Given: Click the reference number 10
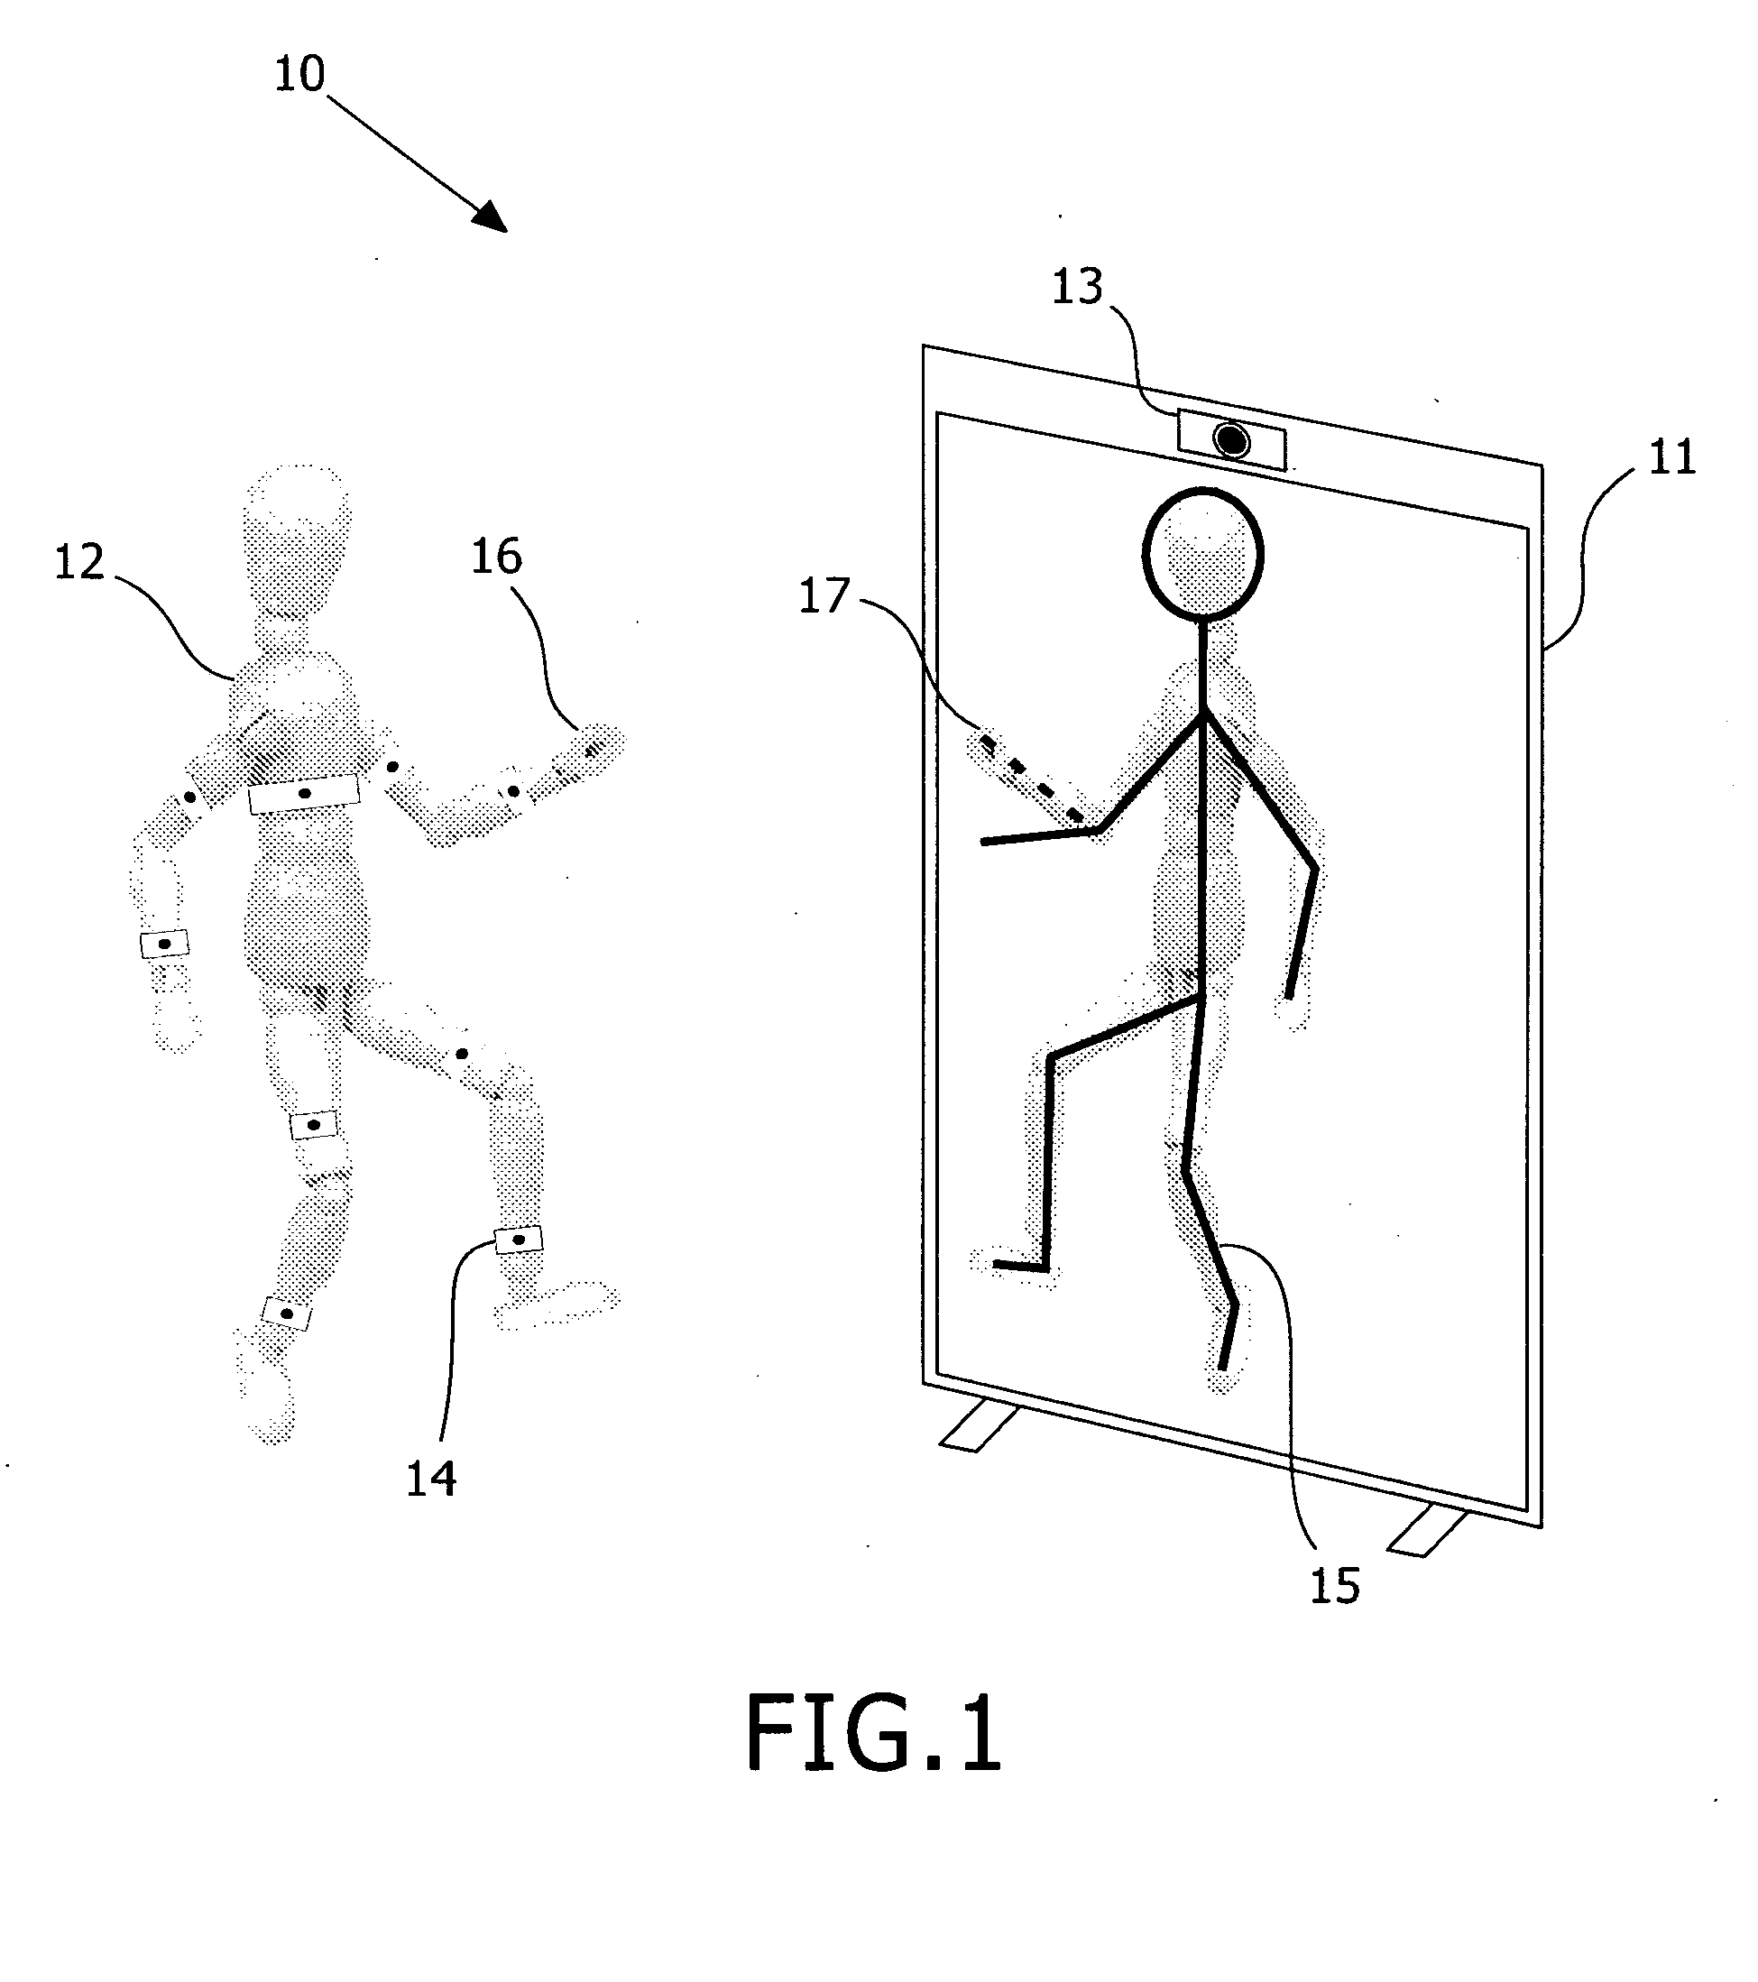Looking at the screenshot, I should [299, 74].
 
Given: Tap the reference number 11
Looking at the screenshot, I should [1671, 456].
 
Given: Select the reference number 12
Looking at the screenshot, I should [78, 562].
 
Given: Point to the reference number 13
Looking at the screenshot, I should [1077, 287].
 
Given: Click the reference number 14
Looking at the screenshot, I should [430, 1479].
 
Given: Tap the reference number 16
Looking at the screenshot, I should [496, 558].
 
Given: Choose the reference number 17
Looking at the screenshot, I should [824, 595].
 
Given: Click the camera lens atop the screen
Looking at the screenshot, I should [1232, 441].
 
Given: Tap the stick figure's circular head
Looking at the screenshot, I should [1203, 554].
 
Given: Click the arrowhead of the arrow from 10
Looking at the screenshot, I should [492, 217].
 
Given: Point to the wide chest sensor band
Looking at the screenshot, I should [303, 794].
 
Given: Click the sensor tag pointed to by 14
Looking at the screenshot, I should [519, 1240].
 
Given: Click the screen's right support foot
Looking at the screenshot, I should [1428, 1532].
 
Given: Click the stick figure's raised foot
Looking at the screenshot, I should [1018, 1266].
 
